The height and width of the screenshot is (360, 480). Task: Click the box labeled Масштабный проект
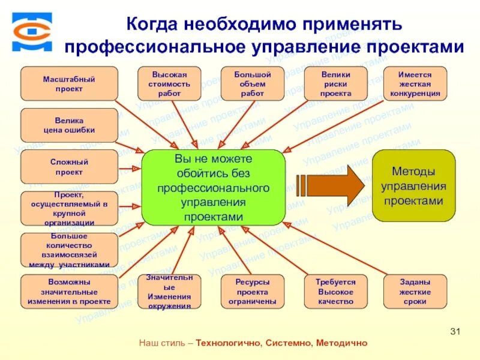click(x=70, y=83)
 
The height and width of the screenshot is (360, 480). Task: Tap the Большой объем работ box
click(x=252, y=83)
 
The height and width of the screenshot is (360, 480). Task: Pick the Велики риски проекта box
click(x=335, y=83)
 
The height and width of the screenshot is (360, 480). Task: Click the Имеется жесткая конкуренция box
click(x=423, y=83)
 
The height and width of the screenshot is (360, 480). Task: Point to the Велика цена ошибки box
click(x=70, y=125)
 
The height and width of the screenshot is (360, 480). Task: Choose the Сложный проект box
click(x=70, y=167)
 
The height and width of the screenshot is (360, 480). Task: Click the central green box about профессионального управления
click(x=213, y=187)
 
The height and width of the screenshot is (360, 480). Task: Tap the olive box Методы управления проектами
click(x=414, y=186)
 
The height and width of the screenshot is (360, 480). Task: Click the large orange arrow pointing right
click(x=329, y=185)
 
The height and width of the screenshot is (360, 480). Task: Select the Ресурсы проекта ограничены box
click(x=252, y=292)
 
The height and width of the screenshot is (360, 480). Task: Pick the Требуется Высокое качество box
click(x=335, y=292)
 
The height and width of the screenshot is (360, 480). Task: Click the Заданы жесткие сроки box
click(x=415, y=292)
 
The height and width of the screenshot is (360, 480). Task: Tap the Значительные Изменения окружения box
click(x=170, y=292)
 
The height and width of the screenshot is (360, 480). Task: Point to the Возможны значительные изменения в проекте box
click(x=70, y=292)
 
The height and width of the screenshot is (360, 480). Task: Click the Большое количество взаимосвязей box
click(x=70, y=250)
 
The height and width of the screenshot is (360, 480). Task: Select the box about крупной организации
click(x=70, y=208)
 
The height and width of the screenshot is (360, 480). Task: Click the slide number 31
click(x=454, y=332)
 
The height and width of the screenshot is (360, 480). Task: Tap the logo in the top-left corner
click(x=32, y=31)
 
